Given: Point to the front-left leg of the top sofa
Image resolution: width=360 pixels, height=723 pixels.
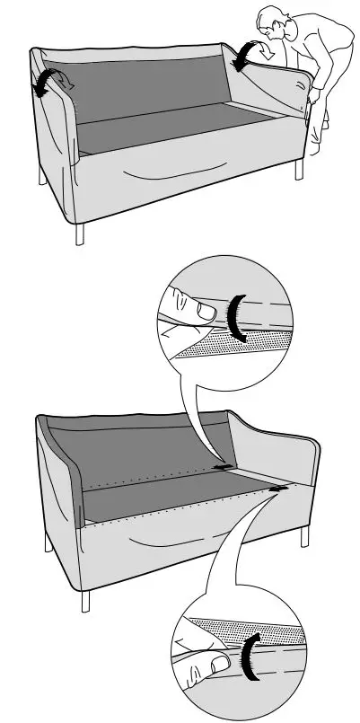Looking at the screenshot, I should [81, 232].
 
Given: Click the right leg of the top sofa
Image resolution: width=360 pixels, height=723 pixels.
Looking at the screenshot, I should [299, 169].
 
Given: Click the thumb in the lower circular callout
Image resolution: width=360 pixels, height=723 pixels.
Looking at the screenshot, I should [215, 666].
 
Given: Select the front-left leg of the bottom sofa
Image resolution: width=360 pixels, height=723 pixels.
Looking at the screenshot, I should [85, 601].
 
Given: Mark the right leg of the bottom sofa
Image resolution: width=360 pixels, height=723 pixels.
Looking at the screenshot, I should [303, 537].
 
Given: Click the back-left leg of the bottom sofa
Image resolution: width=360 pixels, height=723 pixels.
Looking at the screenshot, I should [48, 542].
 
